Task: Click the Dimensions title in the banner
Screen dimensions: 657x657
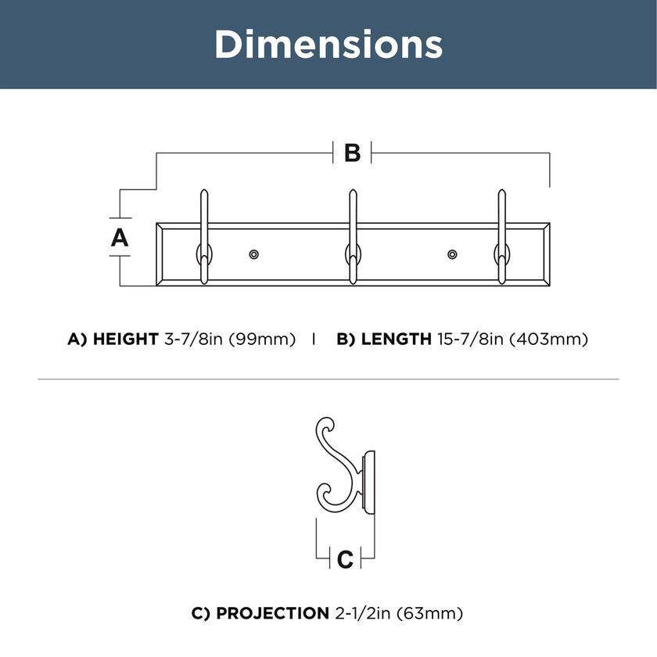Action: [328, 44]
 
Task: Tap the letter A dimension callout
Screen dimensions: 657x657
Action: [120, 238]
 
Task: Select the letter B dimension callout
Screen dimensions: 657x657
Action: [352, 153]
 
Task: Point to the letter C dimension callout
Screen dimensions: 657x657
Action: [345, 559]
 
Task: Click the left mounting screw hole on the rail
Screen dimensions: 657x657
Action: [253, 254]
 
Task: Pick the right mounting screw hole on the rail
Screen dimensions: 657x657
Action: [452, 254]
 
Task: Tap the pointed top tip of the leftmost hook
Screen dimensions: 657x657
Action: [204, 190]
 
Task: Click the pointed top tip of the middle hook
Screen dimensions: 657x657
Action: [354, 190]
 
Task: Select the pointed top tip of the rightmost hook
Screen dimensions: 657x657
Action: [501, 190]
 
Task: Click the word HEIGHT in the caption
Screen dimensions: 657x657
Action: [126, 339]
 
